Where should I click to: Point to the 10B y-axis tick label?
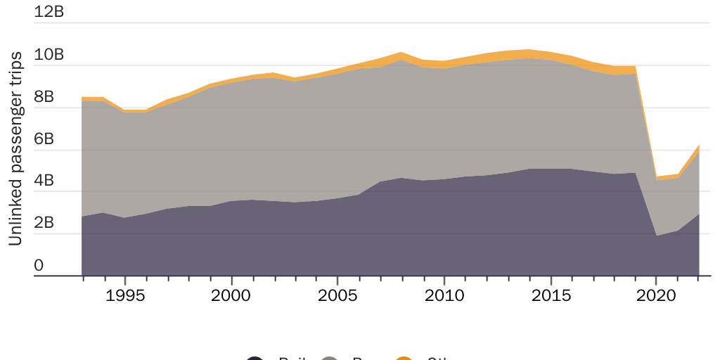[x=49, y=55]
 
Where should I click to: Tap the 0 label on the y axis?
[x=39, y=266]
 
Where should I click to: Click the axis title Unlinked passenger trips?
[x=15, y=149]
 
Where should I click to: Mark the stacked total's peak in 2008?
[x=401, y=53]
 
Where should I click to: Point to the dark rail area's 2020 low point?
[x=657, y=236]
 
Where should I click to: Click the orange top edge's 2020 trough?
[x=657, y=176]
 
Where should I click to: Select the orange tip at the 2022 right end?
[x=699, y=146]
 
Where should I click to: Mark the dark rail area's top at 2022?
[x=699, y=214]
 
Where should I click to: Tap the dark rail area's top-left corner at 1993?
[x=82, y=217]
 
